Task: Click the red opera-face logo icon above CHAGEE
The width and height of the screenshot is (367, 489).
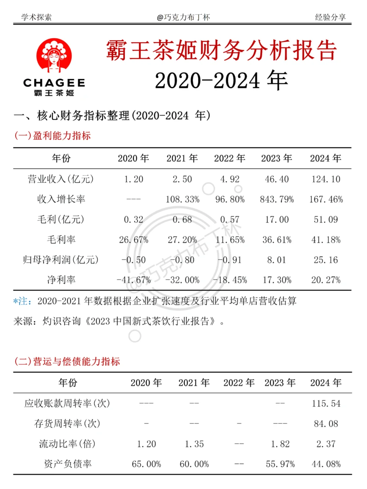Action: pyautogui.click(x=54, y=55)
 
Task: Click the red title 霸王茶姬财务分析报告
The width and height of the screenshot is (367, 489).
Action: pyautogui.click(x=221, y=50)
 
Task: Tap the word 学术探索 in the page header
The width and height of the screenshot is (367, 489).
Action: pyautogui.click(x=36, y=17)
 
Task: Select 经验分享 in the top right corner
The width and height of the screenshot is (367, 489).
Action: pyautogui.click(x=330, y=17)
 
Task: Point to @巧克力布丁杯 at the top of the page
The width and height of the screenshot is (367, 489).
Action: pyautogui.click(x=183, y=17)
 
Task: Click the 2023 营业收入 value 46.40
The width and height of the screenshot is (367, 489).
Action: pyautogui.click(x=277, y=179)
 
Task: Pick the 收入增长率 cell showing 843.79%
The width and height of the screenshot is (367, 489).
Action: pyautogui.click(x=277, y=199)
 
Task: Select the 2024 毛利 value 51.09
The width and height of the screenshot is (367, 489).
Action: pyautogui.click(x=326, y=219)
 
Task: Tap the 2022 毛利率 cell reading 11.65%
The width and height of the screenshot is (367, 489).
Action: pyautogui.click(x=230, y=240)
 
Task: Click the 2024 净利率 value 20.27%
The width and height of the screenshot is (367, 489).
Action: pyautogui.click(x=326, y=280)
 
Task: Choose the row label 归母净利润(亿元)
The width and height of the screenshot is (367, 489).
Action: pyautogui.click(x=61, y=260)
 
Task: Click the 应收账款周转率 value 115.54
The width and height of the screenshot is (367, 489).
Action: pyautogui.click(x=326, y=403)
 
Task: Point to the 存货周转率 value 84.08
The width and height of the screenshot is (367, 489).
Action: pyautogui.click(x=326, y=423)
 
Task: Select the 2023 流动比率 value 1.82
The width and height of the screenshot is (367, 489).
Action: pyautogui.click(x=280, y=444)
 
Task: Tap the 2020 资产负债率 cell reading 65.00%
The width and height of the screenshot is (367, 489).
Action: pyautogui.click(x=146, y=464)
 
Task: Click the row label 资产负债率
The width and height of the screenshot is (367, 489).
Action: pyautogui.click(x=68, y=464)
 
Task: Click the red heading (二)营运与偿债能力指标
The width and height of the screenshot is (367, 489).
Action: pyautogui.click(x=67, y=361)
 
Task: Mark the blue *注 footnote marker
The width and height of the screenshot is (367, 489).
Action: pyautogui.click(x=22, y=301)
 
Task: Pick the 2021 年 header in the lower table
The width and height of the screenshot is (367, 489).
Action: pyautogui.click(x=194, y=383)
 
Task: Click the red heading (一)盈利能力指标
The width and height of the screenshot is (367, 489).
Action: pyautogui.click(x=52, y=135)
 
